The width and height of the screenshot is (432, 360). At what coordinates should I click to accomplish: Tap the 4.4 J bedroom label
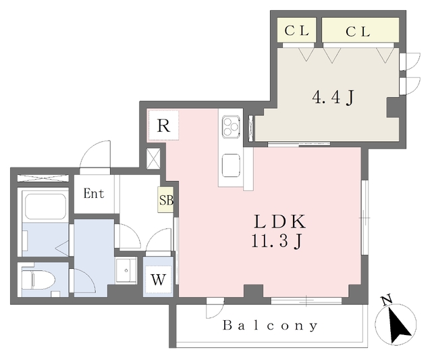[x=333, y=97]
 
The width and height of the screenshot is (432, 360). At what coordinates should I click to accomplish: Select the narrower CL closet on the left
[x=296, y=30]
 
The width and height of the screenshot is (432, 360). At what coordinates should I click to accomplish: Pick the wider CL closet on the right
[x=360, y=30]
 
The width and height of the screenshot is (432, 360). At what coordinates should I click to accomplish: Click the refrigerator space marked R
[x=163, y=126]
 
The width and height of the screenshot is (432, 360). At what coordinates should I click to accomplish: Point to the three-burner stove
[x=231, y=126]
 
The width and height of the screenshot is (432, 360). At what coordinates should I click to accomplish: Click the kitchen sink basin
[x=231, y=165]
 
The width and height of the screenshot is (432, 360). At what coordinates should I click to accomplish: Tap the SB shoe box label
[x=165, y=200]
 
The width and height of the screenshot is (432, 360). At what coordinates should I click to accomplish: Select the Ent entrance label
[x=94, y=193]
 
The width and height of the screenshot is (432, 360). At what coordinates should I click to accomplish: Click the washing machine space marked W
[x=159, y=280]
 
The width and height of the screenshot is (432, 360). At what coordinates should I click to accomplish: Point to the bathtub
[x=46, y=207]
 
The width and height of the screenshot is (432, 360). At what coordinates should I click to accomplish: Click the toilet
[x=38, y=280]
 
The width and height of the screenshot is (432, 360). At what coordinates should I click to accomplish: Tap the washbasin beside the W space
[x=126, y=270]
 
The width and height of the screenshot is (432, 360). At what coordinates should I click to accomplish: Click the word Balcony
[x=270, y=326]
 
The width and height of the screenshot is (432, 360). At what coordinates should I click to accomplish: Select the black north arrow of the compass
[x=399, y=325]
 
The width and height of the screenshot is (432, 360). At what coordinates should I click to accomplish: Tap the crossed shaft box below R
[x=153, y=159]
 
